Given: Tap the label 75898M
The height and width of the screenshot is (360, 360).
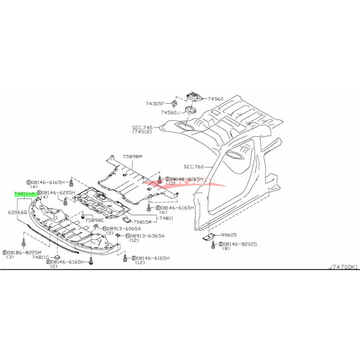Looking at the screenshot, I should coord(132,156).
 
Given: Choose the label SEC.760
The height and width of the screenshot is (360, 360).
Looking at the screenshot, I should coord(194,166).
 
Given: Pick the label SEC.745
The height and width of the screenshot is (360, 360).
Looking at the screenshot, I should coord(142,126).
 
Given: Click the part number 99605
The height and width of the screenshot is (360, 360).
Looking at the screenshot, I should coord(229,235).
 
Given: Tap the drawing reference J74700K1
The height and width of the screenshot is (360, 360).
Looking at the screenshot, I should coord(343,267).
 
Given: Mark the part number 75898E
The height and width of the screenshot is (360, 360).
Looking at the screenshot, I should coord(95,220).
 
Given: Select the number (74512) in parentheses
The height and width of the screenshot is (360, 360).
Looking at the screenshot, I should coord(142,132).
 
